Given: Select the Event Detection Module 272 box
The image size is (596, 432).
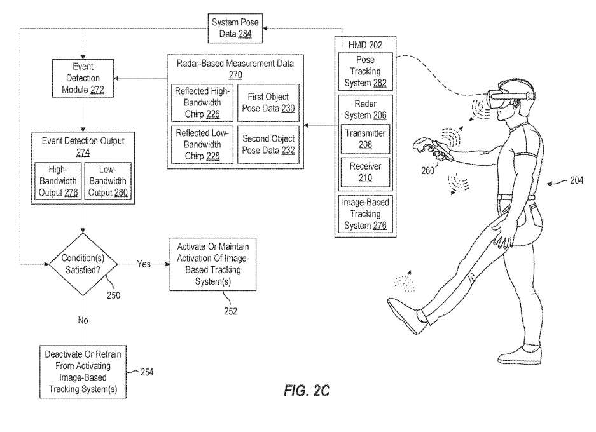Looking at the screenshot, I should point(83,78).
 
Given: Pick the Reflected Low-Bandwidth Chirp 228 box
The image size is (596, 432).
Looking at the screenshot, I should point(200,145).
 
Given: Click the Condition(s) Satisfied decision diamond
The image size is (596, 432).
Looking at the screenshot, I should point(83,263).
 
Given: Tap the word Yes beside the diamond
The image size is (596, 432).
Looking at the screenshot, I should point(144,264).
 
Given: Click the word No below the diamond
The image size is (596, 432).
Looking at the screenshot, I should point(83,320).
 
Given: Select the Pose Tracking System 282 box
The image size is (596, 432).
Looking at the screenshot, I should point(366,72).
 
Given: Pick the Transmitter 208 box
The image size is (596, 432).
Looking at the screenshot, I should point(365,139).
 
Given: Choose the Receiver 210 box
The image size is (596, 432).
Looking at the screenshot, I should point(365,172).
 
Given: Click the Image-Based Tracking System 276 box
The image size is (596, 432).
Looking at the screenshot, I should point(366,214).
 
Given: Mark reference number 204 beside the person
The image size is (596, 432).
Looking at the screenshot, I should point(576,180).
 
